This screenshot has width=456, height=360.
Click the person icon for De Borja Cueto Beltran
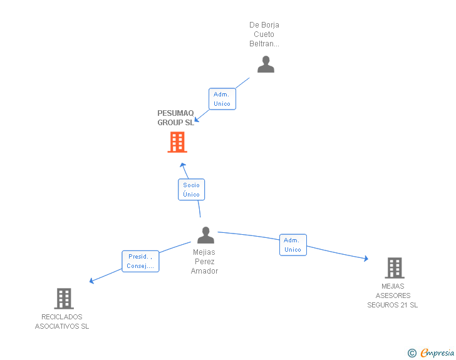[x=266, y=64]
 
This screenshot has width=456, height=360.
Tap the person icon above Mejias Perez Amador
[x=205, y=235]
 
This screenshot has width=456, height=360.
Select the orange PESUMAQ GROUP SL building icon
[x=177, y=142]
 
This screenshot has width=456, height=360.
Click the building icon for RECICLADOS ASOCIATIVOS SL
[x=64, y=299]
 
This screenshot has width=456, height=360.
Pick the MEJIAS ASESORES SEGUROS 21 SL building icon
[x=394, y=268]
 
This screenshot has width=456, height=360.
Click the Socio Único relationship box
[x=191, y=190]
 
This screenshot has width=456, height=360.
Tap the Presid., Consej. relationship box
[x=140, y=261]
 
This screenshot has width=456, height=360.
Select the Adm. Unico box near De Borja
[x=222, y=99]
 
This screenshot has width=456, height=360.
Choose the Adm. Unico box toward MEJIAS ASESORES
[x=293, y=245]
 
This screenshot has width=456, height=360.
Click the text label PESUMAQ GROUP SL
[x=175, y=118]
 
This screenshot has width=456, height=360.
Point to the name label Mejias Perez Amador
[x=204, y=262]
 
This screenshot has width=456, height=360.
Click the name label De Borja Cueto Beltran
[x=264, y=34]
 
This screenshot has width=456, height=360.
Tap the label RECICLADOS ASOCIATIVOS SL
[x=62, y=322]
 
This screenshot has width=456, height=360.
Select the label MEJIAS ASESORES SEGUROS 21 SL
[x=393, y=296]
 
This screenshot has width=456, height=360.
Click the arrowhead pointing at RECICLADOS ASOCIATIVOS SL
[x=92, y=280]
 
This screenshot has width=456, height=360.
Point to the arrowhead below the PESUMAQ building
[x=182, y=165]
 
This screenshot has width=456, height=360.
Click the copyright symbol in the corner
[x=412, y=353]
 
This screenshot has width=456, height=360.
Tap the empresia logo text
[x=437, y=353]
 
